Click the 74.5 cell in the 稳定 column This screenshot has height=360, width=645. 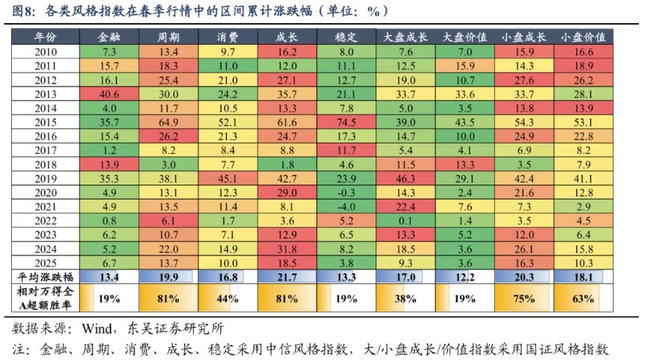pyautogui.click(x=346, y=122)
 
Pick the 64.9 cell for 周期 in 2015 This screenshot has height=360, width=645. pyautogui.click(x=169, y=122)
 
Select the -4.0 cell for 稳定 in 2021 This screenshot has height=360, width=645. pyautogui.click(x=346, y=207)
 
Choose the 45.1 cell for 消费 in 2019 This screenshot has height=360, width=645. pyautogui.click(x=228, y=179)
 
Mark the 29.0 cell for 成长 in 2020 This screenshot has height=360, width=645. pyautogui.click(x=287, y=193)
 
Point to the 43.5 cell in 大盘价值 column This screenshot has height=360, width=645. pyautogui.click(x=464, y=122)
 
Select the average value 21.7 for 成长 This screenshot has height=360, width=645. pyautogui.click(x=287, y=278)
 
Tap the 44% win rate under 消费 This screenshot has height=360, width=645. pyautogui.click(x=228, y=298)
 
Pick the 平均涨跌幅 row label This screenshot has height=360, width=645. pyautogui.click(x=46, y=278)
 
